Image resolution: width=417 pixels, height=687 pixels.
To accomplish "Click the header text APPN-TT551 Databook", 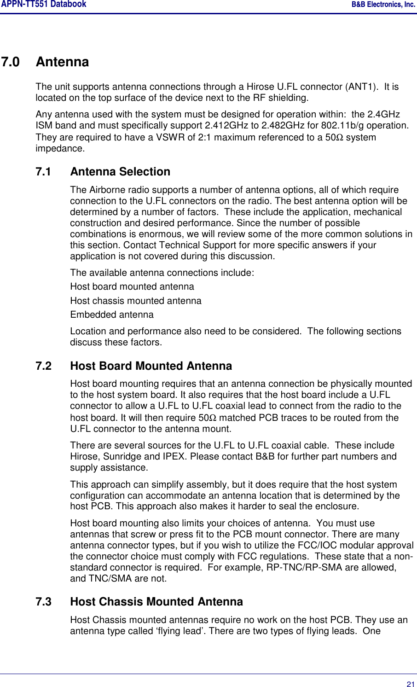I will [x=43, y=5].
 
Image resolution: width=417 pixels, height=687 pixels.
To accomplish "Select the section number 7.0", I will [x=11, y=62].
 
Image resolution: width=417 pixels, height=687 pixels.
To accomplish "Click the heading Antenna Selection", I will [x=120, y=172].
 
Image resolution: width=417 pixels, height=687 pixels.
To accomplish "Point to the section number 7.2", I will [x=44, y=366].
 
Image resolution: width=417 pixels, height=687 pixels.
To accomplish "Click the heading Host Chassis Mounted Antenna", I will [x=156, y=602].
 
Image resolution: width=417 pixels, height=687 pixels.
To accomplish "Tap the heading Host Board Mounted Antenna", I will [x=151, y=366].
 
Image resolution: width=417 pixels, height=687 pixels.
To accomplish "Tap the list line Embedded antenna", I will [x=112, y=315].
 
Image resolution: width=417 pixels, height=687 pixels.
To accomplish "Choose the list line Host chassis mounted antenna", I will [x=136, y=301].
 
